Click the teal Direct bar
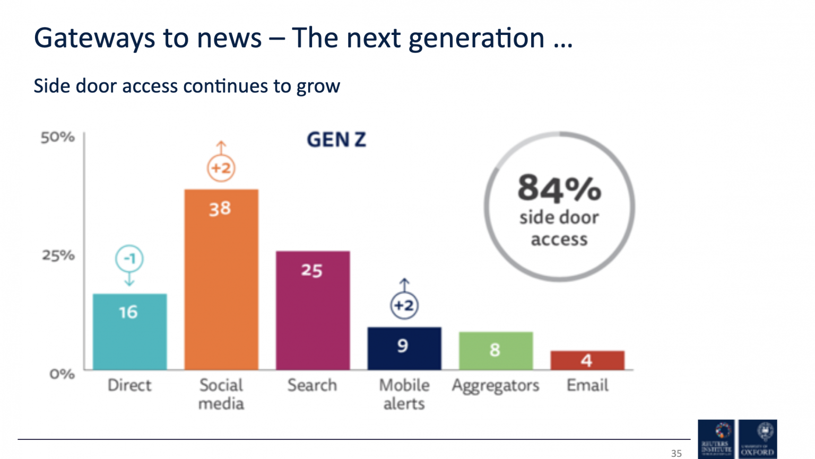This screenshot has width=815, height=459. (129, 332)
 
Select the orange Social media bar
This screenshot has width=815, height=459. (221, 279)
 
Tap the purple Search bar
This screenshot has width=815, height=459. (313, 310)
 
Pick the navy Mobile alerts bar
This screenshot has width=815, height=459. (404, 348)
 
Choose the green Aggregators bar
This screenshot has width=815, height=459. (496, 350)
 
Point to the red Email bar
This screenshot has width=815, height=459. (587, 360)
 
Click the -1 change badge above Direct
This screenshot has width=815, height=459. (129, 259)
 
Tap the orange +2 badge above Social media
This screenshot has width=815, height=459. (221, 168)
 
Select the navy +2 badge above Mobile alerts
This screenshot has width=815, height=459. (404, 305)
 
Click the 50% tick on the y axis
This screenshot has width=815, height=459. (58, 138)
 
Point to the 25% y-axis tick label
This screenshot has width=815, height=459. (58, 255)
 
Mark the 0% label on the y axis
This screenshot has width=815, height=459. (62, 374)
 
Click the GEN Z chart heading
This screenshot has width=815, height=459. (336, 140)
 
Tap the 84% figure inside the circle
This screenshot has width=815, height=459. (559, 188)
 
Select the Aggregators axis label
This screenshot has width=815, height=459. (496, 385)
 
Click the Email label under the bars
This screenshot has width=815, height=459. (587, 385)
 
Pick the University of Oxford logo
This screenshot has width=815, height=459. (758, 439)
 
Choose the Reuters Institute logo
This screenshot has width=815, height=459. (716, 439)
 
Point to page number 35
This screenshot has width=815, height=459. (676, 453)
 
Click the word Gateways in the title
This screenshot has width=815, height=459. (95, 38)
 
